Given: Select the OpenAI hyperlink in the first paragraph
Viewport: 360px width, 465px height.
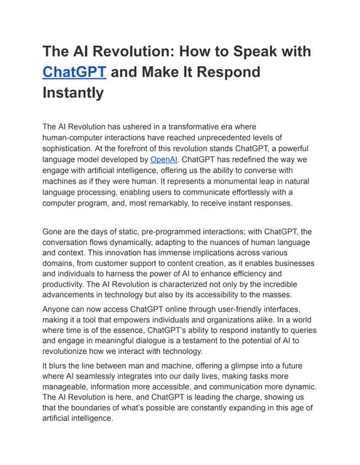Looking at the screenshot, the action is pyautogui.click(x=164, y=158).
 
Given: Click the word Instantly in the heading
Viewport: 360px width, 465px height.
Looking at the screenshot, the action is pyautogui.click(x=73, y=93).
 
